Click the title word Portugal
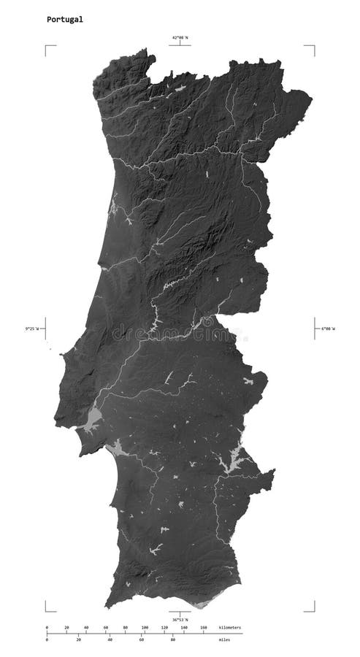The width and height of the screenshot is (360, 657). coord(65,20)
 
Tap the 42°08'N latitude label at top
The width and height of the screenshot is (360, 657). coord(180,37)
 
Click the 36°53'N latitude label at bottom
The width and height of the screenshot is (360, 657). coord(180,620)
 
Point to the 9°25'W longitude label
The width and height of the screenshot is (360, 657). coord(33,328)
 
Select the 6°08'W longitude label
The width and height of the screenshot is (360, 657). coord(327,328)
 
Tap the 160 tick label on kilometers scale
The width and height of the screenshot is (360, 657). coord(204,627)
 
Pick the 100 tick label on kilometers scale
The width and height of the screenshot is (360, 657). coord(145,627)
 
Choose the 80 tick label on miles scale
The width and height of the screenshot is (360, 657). coord(173,640)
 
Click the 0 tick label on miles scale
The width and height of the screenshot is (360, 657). coord(47,640)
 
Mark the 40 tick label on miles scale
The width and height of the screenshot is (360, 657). coord(110,640)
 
